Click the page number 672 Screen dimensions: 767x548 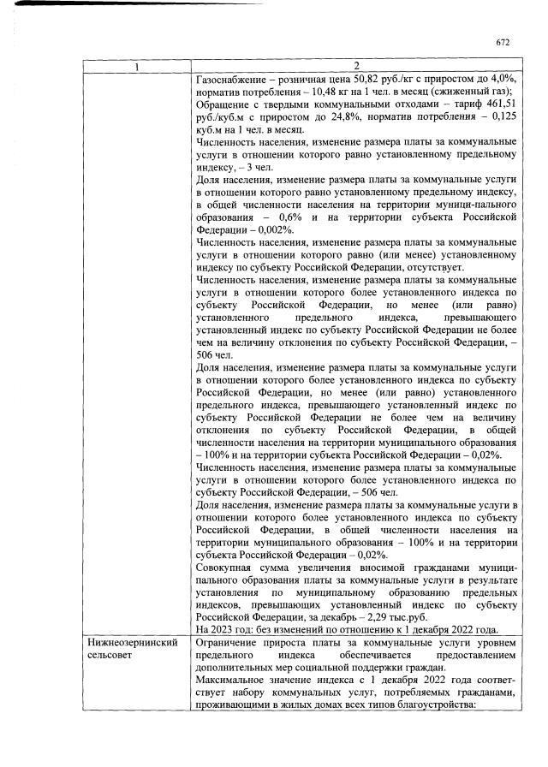coord(503,42)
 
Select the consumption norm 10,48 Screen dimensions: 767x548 coord(327,92)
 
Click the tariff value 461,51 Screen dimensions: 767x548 coord(500,104)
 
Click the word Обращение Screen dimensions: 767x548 coord(223,104)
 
